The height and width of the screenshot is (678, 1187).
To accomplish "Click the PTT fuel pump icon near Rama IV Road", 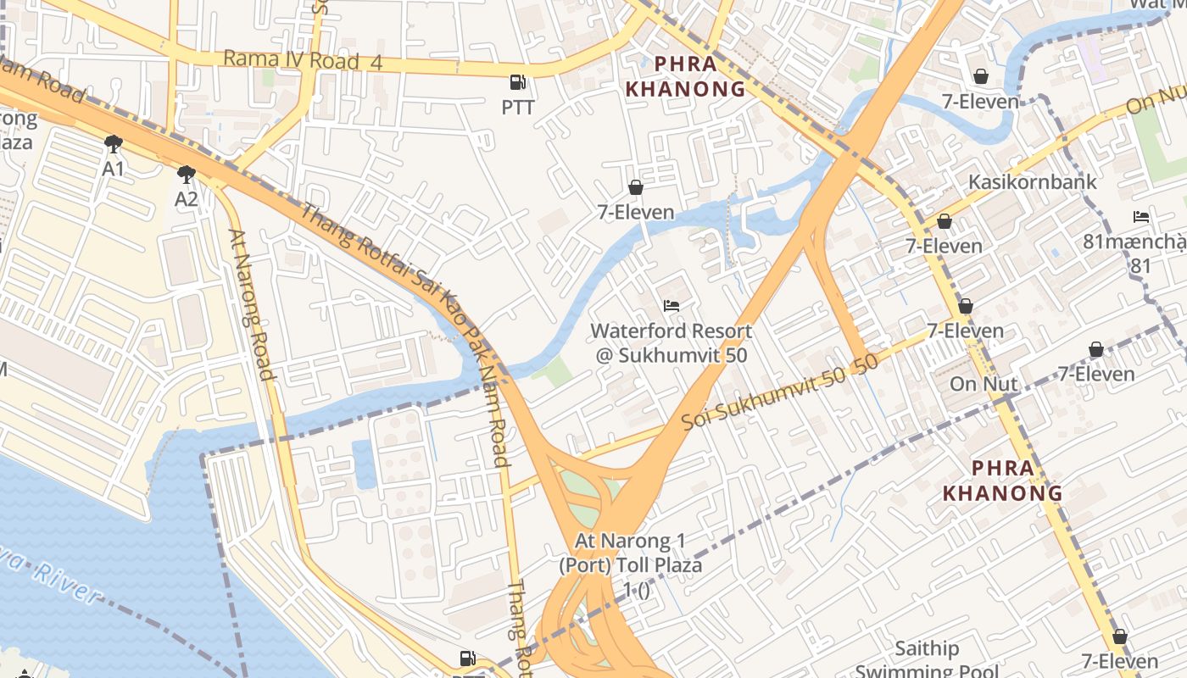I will [517, 82].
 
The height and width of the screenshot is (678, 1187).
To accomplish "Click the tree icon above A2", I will [186, 175].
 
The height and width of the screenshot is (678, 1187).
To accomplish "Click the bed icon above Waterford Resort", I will [672, 305].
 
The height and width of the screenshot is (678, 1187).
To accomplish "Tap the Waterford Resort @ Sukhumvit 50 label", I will [671, 343].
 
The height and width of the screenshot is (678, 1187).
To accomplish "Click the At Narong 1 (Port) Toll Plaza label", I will [631, 564].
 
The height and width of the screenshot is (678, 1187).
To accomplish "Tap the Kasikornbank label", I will [1033, 181].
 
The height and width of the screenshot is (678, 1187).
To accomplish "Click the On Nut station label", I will [984, 383].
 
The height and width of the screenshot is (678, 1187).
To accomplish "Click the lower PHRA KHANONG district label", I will [1003, 481].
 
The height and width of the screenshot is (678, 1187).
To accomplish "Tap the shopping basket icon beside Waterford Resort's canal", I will [636, 187].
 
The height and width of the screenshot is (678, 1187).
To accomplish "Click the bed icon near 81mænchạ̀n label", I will [1141, 217].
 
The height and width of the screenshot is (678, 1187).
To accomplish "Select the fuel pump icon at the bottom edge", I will [467, 658].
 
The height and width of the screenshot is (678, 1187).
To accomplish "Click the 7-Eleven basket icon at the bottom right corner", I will [1119, 636].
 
